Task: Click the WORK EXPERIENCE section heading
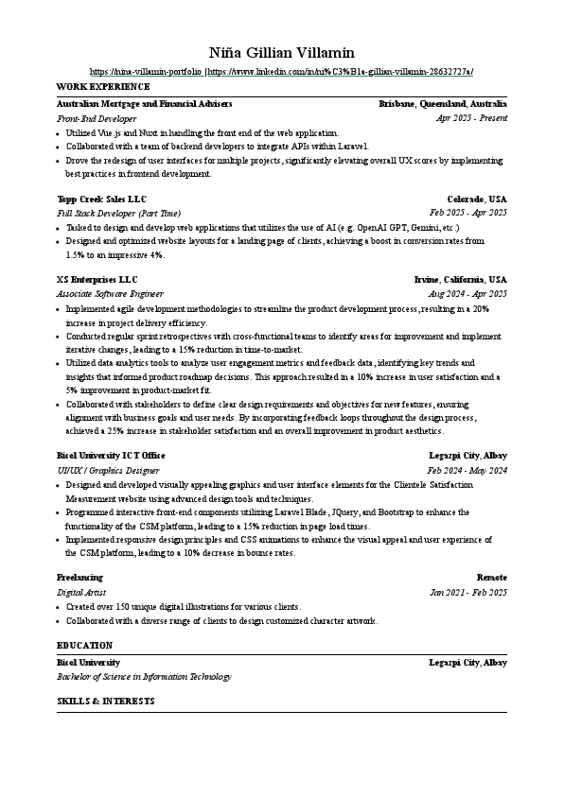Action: click(96, 87)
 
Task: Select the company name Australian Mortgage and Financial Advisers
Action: click(145, 104)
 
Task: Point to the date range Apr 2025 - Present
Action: click(471, 118)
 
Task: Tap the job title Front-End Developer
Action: click(97, 119)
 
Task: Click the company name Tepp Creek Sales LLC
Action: click(102, 199)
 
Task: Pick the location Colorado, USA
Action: click(477, 199)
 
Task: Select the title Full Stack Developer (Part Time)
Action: click(118, 214)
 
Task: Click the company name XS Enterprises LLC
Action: click(97, 280)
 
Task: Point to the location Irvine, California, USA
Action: click(461, 280)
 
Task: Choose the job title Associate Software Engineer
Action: click(110, 295)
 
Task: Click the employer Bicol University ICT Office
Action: click(111, 456)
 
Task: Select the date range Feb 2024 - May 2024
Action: click(467, 470)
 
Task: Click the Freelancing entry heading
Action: click(79, 577)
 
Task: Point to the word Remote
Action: click(491, 577)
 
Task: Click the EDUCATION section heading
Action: click(85, 646)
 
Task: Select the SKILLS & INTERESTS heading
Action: click(105, 702)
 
